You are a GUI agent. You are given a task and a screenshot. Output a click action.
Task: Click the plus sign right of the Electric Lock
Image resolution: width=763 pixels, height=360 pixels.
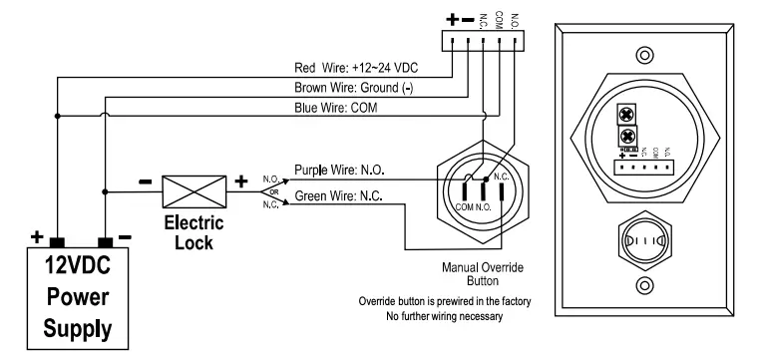click(x=239, y=183)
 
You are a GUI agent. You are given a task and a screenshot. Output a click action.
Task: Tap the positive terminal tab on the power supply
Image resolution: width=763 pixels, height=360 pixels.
click(x=58, y=242)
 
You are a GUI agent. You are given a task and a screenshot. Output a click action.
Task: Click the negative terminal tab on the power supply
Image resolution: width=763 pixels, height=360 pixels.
click(x=105, y=242)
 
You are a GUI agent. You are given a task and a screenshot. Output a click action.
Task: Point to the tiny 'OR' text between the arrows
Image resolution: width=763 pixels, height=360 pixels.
click(x=269, y=192)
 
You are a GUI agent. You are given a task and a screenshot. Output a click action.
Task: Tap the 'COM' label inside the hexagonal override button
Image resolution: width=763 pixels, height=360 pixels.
click(x=465, y=204)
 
